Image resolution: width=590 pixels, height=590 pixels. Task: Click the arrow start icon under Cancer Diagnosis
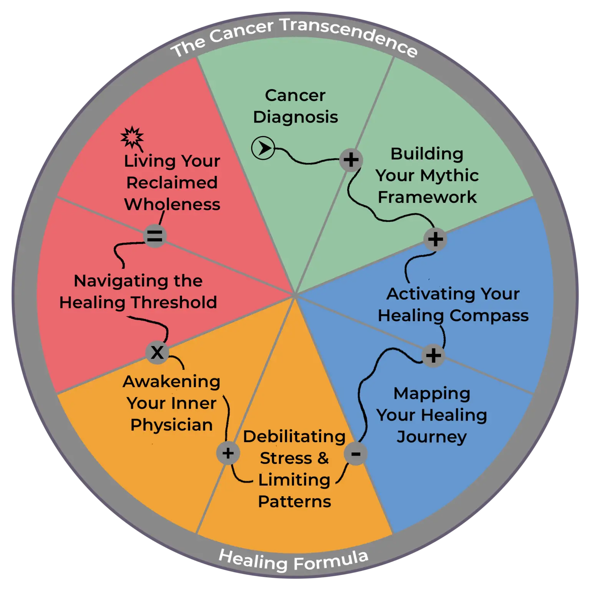click(263, 148)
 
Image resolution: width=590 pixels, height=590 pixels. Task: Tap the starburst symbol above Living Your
click(132, 137)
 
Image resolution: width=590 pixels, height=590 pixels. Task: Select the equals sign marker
click(155, 236)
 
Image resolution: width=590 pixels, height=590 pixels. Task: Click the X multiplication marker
click(157, 352)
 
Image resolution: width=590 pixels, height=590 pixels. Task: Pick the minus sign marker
click(356, 454)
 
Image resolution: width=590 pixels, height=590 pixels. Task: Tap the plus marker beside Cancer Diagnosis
click(351, 160)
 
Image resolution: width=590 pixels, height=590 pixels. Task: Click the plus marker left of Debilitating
click(228, 453)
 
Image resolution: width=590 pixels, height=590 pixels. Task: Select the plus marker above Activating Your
click(435, 239)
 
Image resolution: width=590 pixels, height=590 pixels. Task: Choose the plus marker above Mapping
click(433, 355)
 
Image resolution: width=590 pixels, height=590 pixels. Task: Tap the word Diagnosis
click(295, 117)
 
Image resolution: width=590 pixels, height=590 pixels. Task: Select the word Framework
click(427, 197)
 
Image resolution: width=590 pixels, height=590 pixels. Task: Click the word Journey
click(432, 437)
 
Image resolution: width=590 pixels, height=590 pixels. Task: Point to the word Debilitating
click(295, 437)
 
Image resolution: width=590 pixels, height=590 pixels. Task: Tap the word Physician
click(172, 425)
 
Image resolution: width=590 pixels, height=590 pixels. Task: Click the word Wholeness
click(172, 204)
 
